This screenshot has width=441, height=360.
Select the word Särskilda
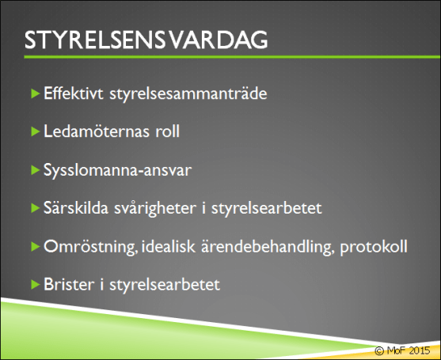click(73, 208)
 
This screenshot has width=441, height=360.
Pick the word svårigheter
click(147, 209)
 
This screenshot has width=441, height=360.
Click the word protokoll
click(374, 248)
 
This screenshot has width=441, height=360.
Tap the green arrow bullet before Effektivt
click(34, 93)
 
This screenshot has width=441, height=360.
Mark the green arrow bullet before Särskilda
click(34, 208)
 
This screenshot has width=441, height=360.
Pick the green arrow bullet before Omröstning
click(34, 246)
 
